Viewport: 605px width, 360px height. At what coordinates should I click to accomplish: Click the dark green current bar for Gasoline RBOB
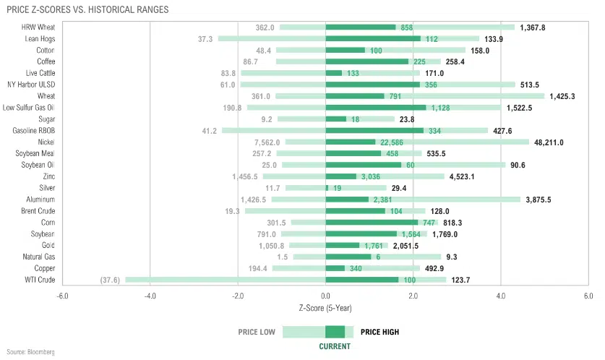[x=374, y=131]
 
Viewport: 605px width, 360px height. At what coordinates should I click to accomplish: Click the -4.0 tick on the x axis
[x=150, y=296]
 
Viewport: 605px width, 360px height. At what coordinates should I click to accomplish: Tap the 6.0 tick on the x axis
[x=588, y=296]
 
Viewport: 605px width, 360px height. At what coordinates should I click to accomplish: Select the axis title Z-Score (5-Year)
[x=325, y=307]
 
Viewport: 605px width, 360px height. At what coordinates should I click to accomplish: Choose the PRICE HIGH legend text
[x=380, y=333]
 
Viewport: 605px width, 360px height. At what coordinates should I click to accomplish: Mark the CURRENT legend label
[x=335, y=347]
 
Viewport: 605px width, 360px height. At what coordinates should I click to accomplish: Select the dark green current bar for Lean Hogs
[x=373, y=39]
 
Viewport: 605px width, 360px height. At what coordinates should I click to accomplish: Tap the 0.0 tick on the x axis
[x=325, y=296]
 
